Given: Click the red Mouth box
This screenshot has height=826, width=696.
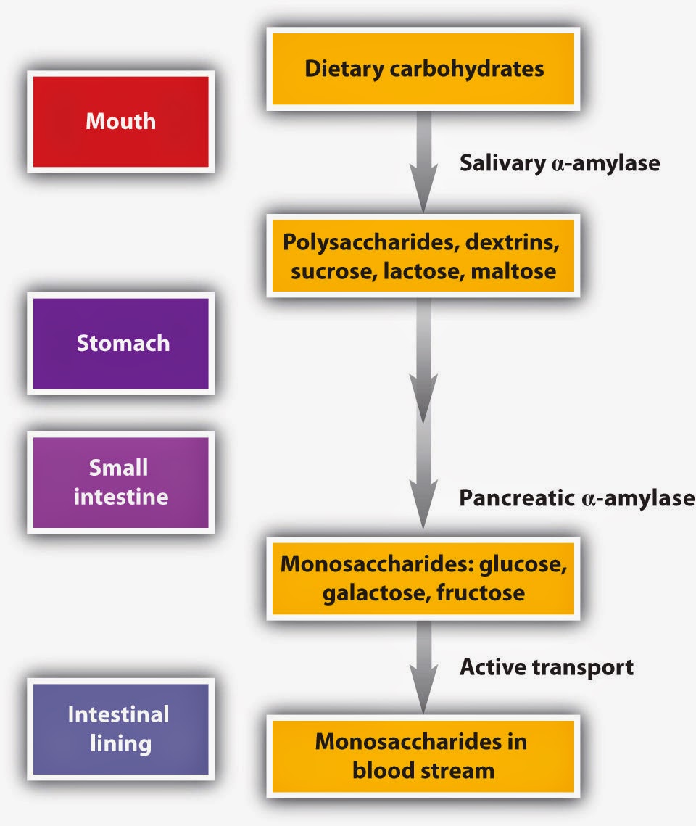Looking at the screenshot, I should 120,120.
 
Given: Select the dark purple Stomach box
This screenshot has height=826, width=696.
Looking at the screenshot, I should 120,342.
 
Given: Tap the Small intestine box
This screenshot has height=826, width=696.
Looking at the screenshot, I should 120,482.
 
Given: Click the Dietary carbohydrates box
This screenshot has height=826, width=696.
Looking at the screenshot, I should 423,69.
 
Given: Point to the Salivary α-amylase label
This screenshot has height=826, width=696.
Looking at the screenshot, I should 560,163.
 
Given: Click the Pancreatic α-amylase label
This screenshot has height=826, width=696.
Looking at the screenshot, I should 576,498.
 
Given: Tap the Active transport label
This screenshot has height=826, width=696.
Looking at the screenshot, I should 547,666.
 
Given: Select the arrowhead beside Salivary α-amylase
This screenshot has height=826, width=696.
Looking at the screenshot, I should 423,190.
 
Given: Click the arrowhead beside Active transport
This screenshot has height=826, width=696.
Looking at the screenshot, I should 423,695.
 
